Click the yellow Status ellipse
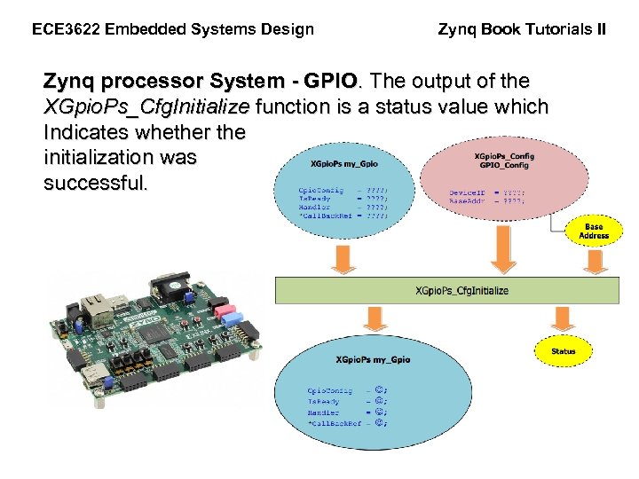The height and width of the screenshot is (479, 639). (564, 351)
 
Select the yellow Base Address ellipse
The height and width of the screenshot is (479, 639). (594, 232)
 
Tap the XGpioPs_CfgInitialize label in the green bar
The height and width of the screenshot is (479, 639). (462, 290)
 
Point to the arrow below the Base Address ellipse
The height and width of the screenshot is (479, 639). (594, 259)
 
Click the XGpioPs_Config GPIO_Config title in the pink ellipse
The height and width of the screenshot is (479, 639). (505, 161)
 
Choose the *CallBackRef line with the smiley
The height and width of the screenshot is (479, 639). (347, 423)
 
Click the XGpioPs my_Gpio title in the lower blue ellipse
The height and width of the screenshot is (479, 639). (373, 359)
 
